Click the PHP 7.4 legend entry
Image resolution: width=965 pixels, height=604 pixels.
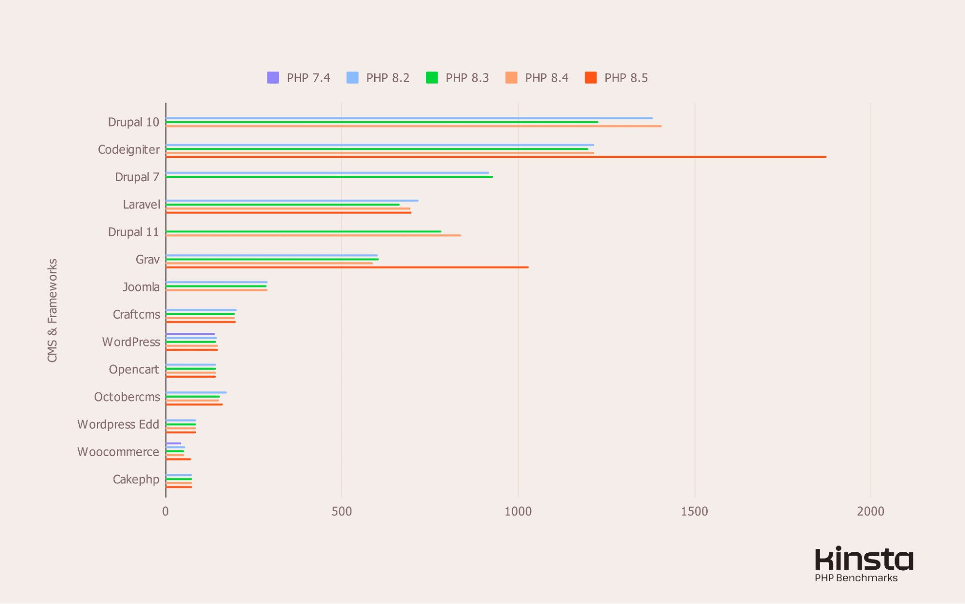pos(299,78)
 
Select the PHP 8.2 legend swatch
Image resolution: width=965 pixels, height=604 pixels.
pos(352,78)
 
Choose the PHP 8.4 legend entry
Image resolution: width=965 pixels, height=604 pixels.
pos(537,78)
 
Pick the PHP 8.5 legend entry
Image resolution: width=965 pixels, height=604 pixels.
pos(616,78)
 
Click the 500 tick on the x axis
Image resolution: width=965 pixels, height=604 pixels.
pos(341,511)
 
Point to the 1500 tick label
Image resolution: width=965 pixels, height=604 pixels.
pos(694,511)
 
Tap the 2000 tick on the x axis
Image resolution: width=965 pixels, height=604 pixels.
pos(870,511)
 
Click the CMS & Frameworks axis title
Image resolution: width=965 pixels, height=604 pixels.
pos(52,310)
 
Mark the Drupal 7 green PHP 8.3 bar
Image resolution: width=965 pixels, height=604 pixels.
pos(328,177)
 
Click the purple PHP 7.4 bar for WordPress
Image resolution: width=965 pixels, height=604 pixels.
pos(190,334)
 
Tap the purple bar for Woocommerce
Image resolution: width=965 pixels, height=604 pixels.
pos(173,443)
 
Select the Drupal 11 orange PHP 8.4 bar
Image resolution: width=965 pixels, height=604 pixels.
pos(314,235)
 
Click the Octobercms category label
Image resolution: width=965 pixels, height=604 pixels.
pos(127,397)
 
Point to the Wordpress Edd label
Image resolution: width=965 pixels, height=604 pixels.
pos(118,424)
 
